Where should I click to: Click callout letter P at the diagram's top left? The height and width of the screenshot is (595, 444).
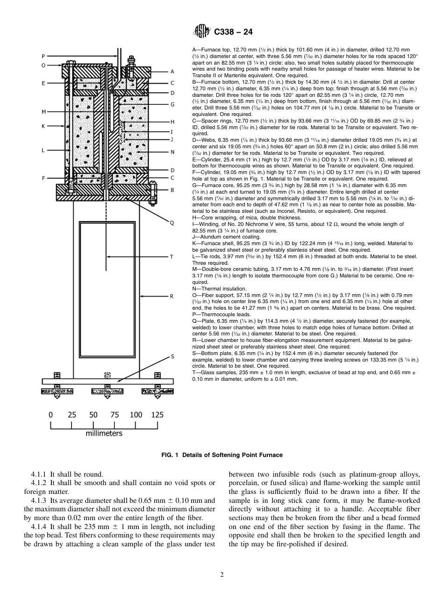pos(43,55)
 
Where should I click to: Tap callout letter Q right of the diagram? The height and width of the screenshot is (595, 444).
pos(172,223)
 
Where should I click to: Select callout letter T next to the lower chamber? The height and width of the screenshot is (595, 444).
pos(172,256)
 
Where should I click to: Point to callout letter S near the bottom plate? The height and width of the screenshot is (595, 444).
pos(172,357)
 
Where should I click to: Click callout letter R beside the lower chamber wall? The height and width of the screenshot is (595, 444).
pos(172,296)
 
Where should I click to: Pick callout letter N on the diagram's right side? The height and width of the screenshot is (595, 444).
pos(172,152)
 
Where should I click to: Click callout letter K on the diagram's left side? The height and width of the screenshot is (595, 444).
pos(43,126)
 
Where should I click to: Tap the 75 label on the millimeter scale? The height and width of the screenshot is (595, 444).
pos(115,414)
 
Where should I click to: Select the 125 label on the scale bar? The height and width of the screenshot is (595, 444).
pos(158,414)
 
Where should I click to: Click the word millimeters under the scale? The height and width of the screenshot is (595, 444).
pos(104,433)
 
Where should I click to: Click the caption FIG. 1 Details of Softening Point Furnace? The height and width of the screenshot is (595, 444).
pos(222,455)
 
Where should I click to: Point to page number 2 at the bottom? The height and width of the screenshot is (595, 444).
pos(222,575)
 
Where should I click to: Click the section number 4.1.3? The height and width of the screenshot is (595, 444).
pos(41,500)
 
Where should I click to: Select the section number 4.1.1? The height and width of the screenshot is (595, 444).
pos(41,474)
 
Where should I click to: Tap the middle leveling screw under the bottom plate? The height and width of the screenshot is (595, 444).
pos(107,391)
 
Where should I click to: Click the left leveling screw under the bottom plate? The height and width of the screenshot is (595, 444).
pos(57,391)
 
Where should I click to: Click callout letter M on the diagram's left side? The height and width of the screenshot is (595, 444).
pos(43,112)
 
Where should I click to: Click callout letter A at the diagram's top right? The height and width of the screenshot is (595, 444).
pos(172,72)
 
